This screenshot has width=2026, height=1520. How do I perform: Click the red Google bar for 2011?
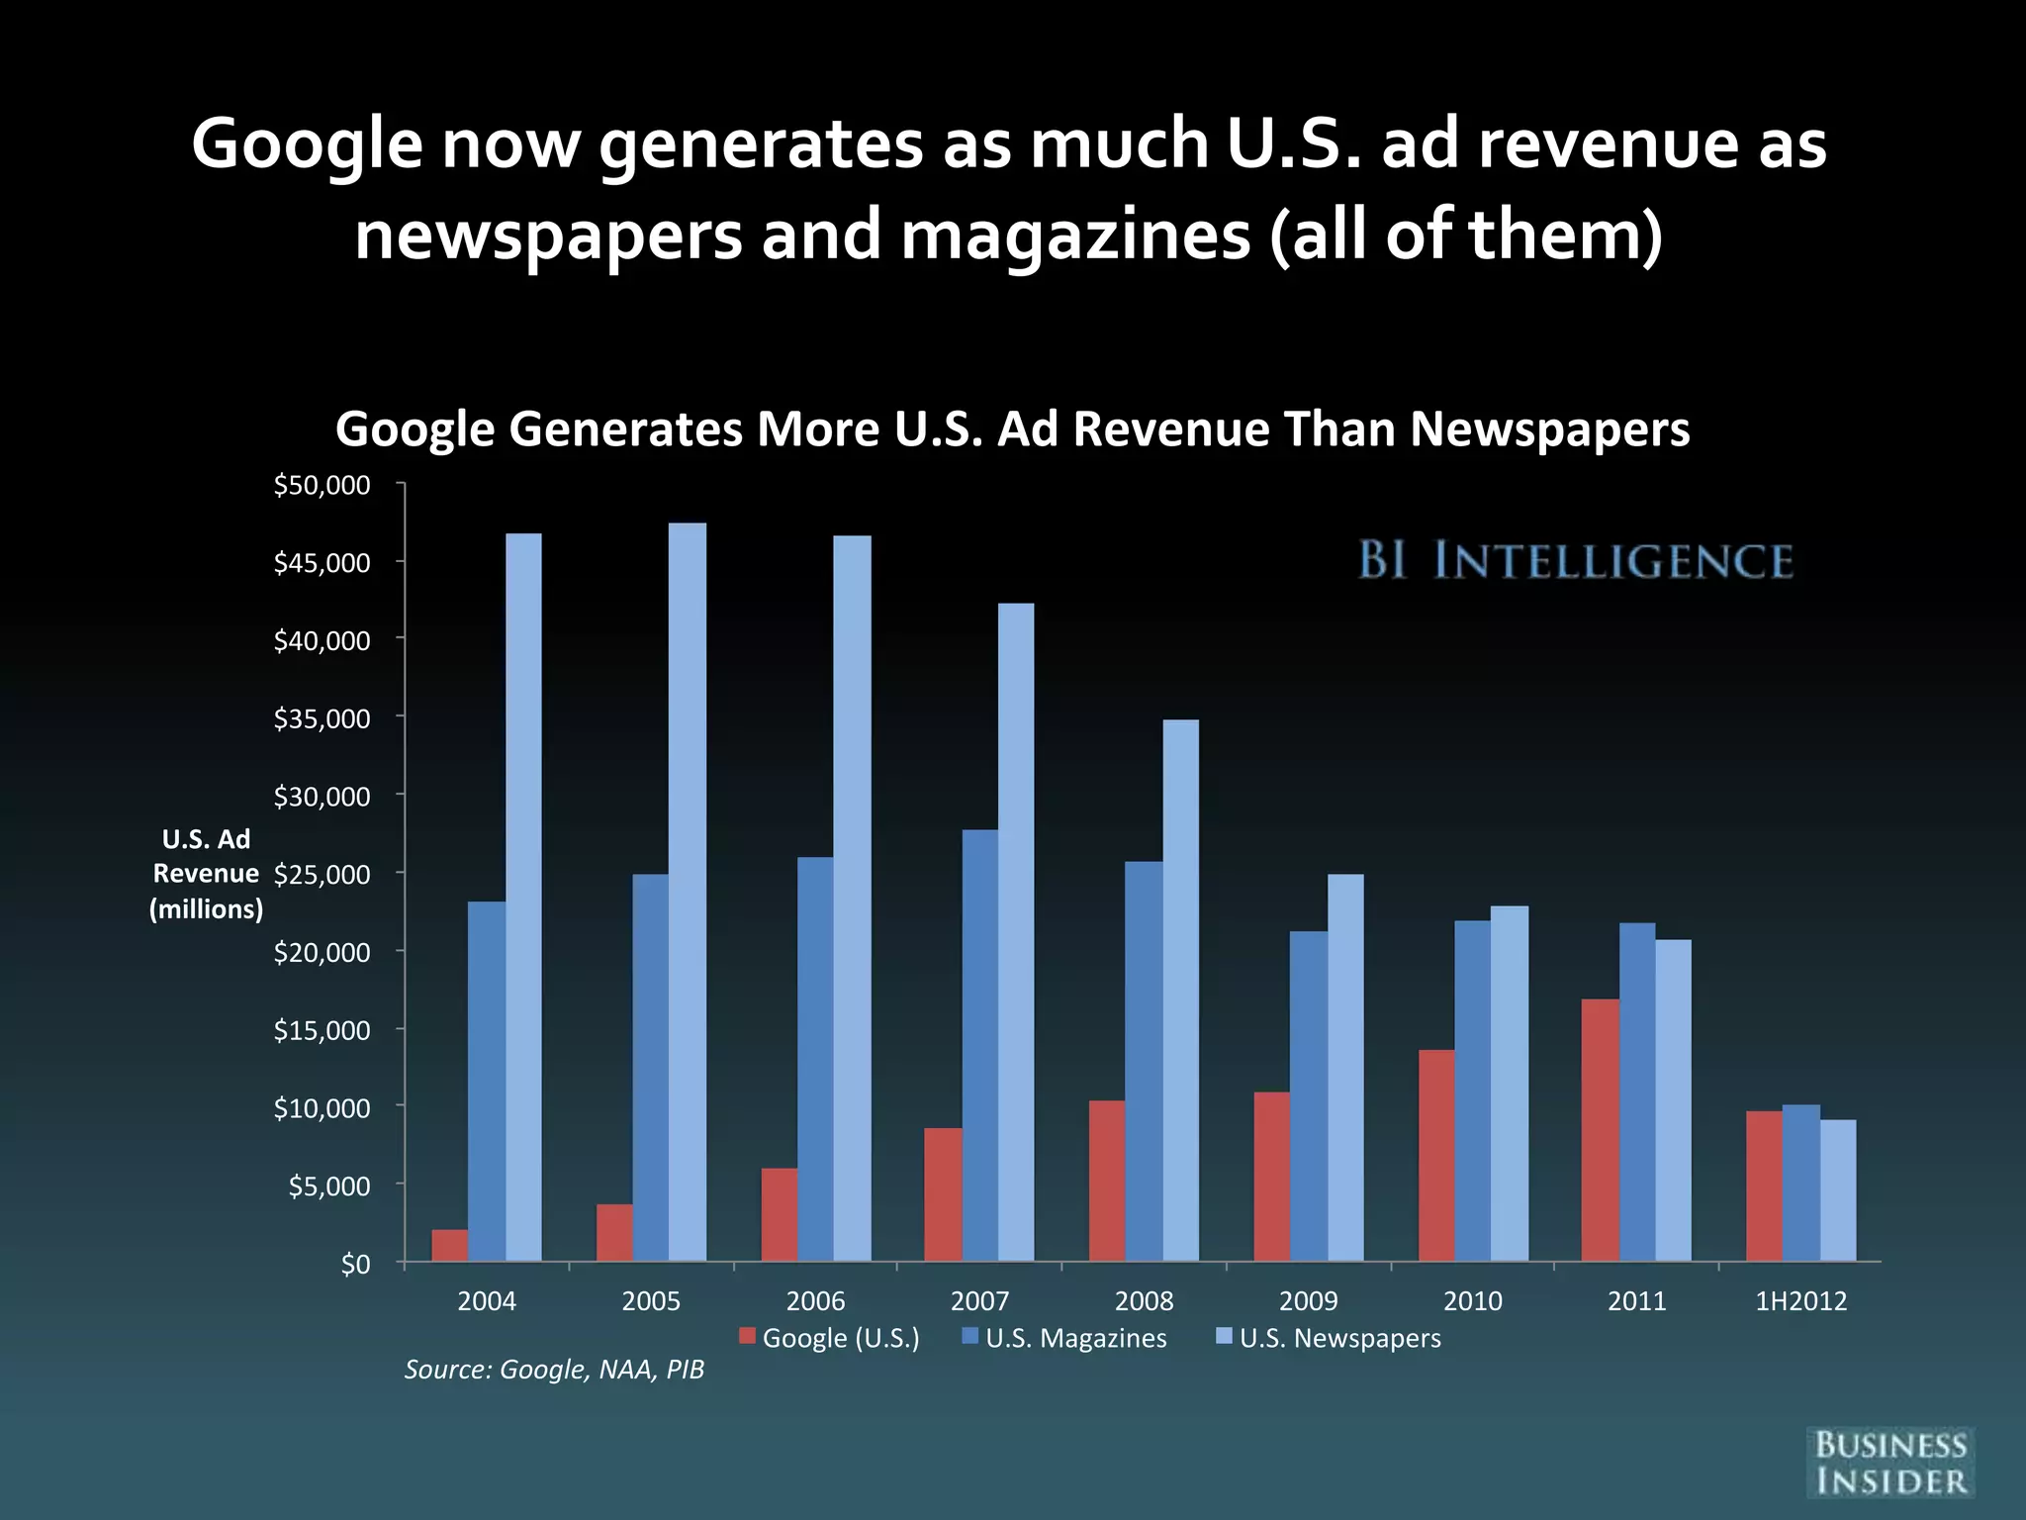click(1600, 1129)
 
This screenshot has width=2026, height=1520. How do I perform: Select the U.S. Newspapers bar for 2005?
click(688, 891)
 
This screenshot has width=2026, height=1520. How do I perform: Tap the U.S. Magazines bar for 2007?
click(979, 1044)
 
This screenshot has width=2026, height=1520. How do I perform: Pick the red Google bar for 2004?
click(450, 1245)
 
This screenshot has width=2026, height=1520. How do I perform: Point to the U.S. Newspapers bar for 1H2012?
click(1838, 1189)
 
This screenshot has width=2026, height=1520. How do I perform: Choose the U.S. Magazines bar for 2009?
click(1308, 1095)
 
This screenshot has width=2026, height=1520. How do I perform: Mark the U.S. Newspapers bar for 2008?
click(1180, 990)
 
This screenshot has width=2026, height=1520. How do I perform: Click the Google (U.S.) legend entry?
click(830, 1338)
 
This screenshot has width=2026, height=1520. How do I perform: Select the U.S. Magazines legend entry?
click(1064, 1338)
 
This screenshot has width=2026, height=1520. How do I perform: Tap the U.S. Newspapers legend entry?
click(1329, 1338)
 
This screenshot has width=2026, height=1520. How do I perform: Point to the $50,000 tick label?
click(322, 485)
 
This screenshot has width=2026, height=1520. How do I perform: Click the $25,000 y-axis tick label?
click(322, 874)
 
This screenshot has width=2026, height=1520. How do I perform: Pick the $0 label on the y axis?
click(355, 1264)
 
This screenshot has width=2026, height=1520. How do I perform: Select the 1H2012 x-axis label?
click(1800, 1300)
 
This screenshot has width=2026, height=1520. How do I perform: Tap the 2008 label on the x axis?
click(1144, 1300)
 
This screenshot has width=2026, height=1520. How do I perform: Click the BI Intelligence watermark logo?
click(1575, 560)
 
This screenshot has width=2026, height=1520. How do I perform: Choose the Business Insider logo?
click(1889, 1463)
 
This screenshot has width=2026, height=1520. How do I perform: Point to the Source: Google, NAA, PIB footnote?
click(554, 1369)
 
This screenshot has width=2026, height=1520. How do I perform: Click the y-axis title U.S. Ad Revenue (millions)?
click(206, 874)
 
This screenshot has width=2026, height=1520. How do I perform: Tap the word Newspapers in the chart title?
click(1549, 429)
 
